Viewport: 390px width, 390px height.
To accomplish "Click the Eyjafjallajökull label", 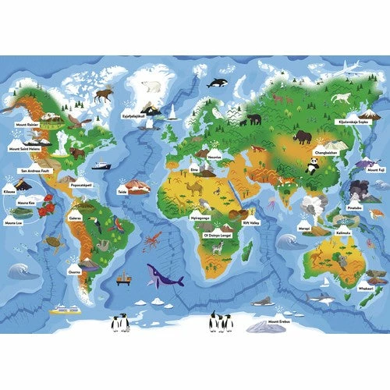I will click(x=135, y=116).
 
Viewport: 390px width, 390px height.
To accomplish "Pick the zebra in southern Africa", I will click(x=219, y=247).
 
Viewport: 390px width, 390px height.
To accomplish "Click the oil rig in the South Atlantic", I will click(x=123, y=277).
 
